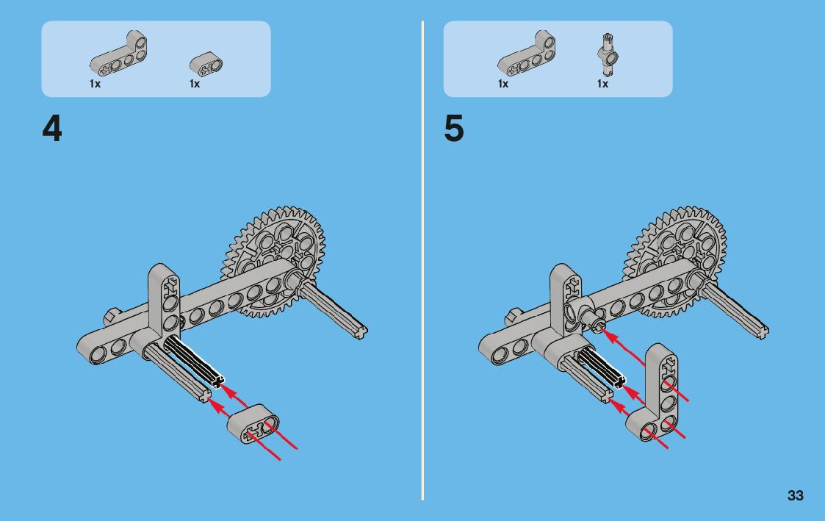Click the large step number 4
click(52, 129)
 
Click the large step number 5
click(454, 129)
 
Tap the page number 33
click(795, 496)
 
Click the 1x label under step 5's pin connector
click(602, 85)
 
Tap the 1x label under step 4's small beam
click(195, 85)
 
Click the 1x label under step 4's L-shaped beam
click(95, 85)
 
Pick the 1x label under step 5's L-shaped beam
click(503, 85)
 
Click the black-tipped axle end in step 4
click(217, 381)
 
